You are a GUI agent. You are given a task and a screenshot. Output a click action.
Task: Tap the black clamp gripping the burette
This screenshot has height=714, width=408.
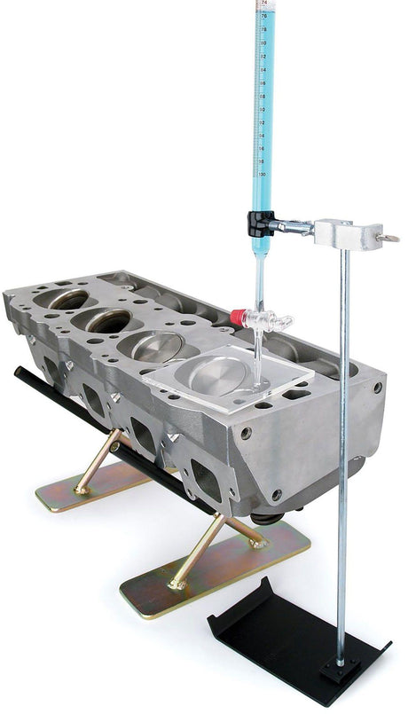260,223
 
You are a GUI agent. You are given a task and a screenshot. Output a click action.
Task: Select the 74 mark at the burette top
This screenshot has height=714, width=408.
263,4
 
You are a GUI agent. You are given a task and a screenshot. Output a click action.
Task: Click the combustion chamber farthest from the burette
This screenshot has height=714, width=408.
67,299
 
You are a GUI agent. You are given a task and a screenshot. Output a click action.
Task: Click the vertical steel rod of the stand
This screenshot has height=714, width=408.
342,443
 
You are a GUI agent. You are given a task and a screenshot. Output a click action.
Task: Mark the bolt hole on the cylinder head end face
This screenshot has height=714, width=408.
377,388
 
